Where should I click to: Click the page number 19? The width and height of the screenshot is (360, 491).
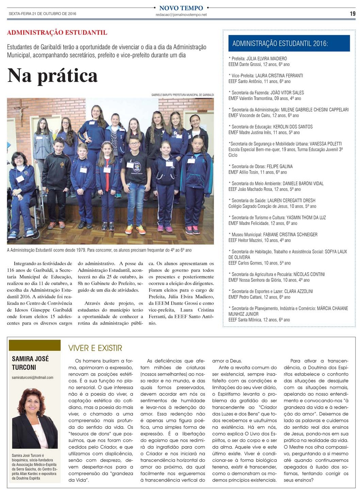[x=353, y=14]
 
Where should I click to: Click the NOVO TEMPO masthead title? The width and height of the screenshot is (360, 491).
[x=181, y=8]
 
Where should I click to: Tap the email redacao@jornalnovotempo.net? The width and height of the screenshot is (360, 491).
[x=181, y=15]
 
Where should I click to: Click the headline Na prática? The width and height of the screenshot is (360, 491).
[x=52, y=76]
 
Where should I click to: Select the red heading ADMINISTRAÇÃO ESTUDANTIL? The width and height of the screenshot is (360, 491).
[x=57, y=33]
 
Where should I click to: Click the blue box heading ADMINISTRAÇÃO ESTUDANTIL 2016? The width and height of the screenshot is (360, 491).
[x=280, y=44]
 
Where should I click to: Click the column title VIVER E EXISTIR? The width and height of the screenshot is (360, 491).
[x=95, y=348]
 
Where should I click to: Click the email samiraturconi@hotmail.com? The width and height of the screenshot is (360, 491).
[x=33, y=377]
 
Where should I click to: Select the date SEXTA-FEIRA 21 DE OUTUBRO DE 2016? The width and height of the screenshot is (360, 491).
[x=43, y=14]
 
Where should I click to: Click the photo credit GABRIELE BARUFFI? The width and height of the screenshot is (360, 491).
[x=162, y=95]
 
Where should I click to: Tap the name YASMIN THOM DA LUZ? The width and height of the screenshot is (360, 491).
[x=306, y=217]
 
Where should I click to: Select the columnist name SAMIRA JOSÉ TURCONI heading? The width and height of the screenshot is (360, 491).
[x=31, y=363]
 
